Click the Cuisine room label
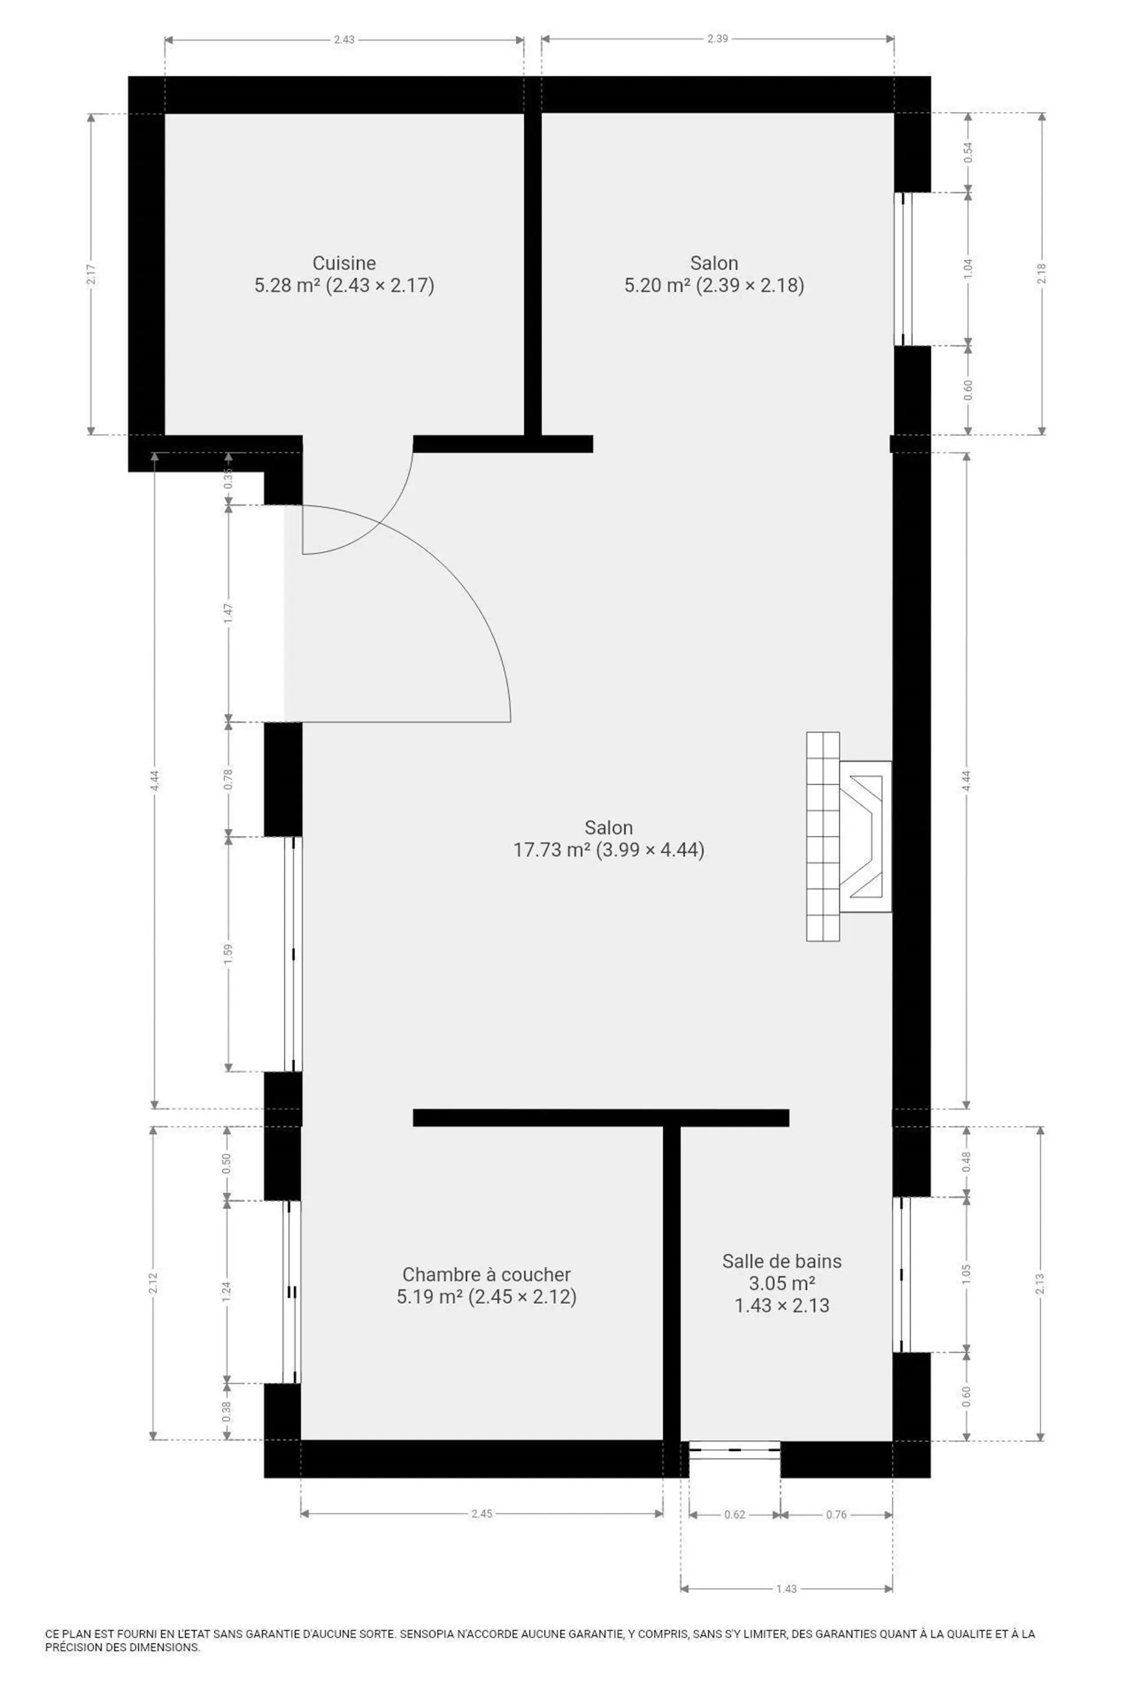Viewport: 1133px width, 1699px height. [x=344, y=263]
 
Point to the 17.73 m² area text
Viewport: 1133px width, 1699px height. [x=547, y=849]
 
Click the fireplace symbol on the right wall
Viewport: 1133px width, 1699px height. [x=849, y=837]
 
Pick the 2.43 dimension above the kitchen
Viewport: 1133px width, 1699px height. [x=344, y=40]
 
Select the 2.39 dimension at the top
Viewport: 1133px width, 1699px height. [x=718, y=39]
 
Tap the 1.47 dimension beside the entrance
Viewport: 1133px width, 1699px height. [x=228, y=614]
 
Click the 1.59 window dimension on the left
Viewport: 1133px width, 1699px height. [x=228, y=953]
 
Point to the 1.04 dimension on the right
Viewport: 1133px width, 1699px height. [x=969, y=268]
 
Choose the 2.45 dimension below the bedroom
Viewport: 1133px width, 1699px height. [x=482, y=1513]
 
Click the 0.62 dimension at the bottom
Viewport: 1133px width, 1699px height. [x=735, y=1514]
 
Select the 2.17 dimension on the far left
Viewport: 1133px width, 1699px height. [x=91, y=274]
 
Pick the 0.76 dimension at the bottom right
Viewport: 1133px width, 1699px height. [x=837, y=1514]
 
